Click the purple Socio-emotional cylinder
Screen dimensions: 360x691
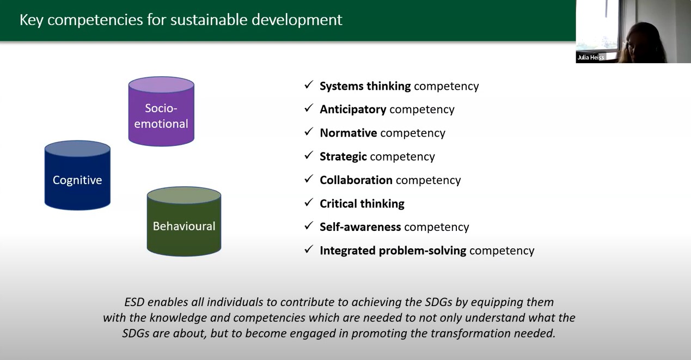click(161, 112)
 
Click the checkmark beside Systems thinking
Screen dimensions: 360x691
click(309, 85)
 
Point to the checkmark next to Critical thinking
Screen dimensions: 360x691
click(309, 203)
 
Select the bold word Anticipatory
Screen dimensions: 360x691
click(353, 109)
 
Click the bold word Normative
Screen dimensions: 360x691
click(348, 133)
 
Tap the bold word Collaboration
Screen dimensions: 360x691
click(356, 180)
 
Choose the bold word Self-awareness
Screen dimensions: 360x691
click(360, 227)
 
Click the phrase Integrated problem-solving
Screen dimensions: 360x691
click(393, 251)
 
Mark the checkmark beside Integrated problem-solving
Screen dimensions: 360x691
click(309, 249)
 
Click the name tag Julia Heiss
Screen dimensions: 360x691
click(591, 57)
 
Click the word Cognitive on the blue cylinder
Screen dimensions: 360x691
click(77, 180)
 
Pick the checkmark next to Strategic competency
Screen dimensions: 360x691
click(309, 156)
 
